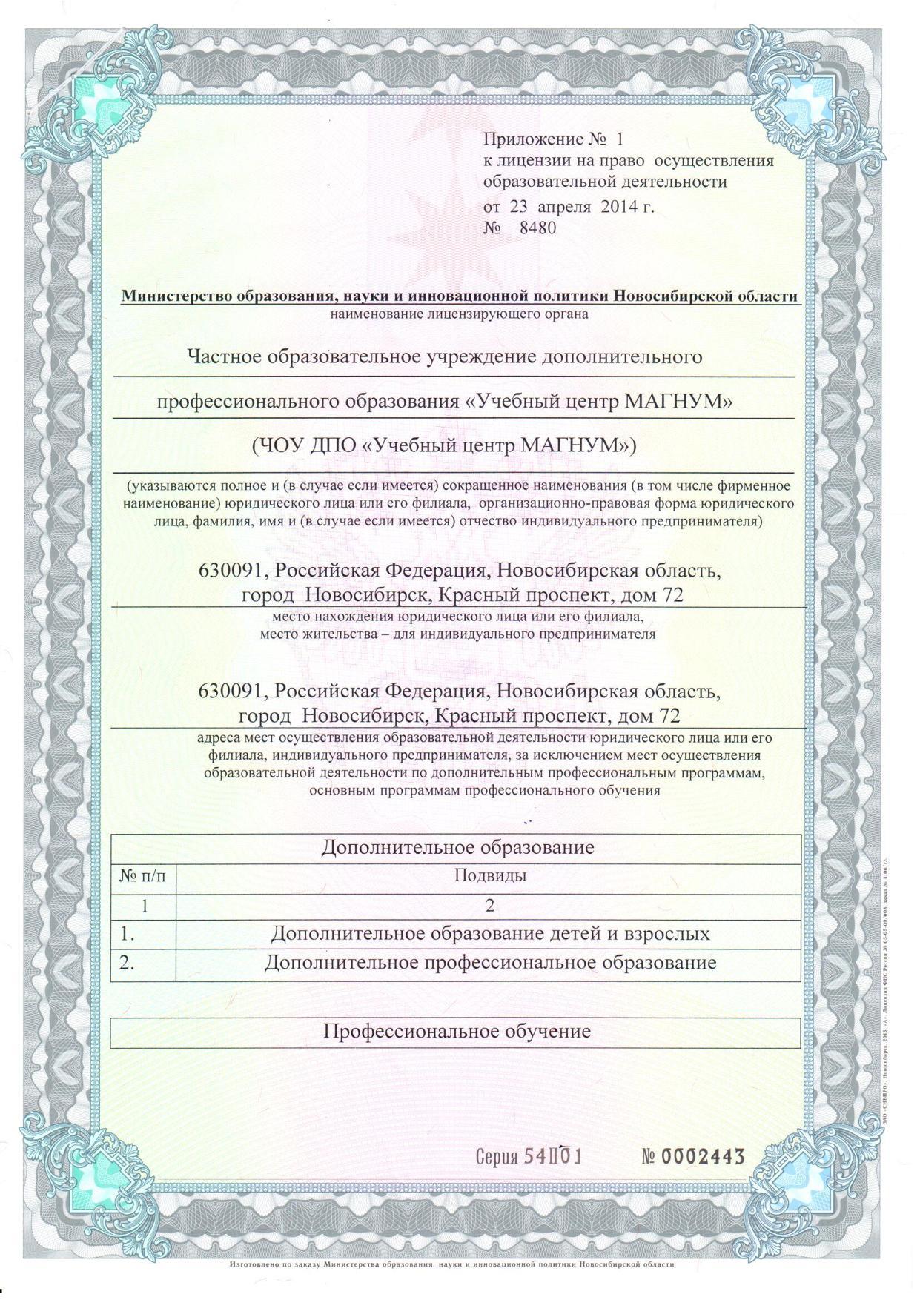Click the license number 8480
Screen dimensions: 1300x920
(x=537, y=228)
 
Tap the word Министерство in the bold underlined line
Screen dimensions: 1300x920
(x=176, y=296)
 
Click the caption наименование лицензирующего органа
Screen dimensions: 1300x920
(x=460, y=314)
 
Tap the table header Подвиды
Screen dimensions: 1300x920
(x=490, y=875)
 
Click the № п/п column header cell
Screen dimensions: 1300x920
(x=143, y=875)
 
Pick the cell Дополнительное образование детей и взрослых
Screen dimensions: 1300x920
(x=490, y=933)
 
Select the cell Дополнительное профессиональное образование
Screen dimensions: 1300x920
(x=490, y=963)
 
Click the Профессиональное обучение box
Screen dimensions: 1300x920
(x=456, y=1031)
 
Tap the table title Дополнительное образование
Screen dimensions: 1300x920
(x=457, y=847)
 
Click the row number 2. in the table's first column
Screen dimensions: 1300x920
(x=128, y=964)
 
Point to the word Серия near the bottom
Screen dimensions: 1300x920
(x=497, y=1158)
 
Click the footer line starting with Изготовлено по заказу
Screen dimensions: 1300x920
(x=452, y=1264)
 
